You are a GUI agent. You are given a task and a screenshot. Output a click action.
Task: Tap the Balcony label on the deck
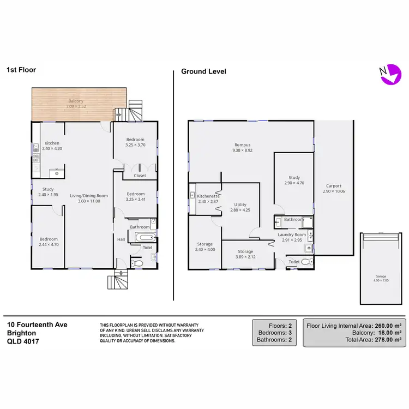point(76,101)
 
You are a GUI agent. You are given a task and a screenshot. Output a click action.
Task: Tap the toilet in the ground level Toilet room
point(305,262)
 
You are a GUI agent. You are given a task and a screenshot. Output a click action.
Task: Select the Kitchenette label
point(208,196)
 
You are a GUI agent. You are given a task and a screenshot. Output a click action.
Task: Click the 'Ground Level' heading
point(203,71)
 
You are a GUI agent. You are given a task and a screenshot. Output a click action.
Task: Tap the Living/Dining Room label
point(89,195)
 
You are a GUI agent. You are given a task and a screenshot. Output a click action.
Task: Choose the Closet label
point(140,176)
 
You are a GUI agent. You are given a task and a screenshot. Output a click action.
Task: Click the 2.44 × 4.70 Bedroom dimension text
point(48,244)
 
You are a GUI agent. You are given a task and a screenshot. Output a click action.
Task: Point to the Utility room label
point(240,205)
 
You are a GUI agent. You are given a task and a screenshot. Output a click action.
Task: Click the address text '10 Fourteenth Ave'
point(37,324)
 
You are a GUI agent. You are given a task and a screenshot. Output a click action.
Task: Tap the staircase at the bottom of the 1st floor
point(118,282)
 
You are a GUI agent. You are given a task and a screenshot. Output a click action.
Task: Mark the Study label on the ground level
point(294,177)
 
